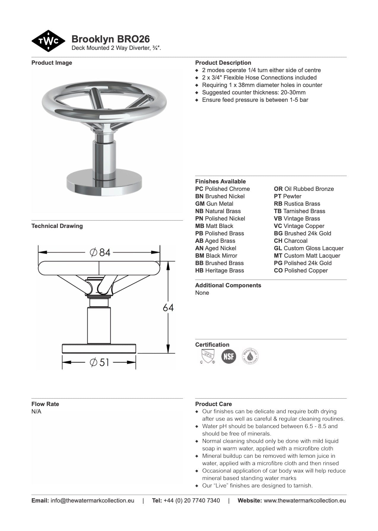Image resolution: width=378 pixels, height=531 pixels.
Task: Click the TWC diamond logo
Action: tap(48, 41)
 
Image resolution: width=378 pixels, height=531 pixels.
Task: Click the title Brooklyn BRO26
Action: tap(111, 39)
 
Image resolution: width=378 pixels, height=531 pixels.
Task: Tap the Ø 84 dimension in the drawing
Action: tap(100, 252)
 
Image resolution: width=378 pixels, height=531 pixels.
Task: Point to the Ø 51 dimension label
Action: tap(99, 362)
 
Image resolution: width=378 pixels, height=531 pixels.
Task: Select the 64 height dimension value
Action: tap(168, 307)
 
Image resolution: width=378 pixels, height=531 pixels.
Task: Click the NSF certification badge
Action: tap(229, 356)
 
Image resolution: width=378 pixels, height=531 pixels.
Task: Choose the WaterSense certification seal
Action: tap(250, 356)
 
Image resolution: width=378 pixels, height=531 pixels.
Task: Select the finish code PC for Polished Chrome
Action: tap(199, 189)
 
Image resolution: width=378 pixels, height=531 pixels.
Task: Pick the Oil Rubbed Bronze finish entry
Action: tap(304, 189)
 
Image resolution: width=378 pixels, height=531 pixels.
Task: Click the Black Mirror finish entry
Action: tap(216, 256)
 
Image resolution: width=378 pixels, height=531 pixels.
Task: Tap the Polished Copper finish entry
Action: tap(301, 270)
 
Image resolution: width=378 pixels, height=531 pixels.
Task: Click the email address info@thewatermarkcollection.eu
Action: tap(92, 500)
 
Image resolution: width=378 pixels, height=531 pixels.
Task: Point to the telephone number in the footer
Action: tap(192, 500)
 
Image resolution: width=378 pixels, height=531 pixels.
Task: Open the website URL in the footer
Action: tap(304, 500)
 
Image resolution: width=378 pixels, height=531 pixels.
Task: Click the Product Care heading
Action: tap(213, 404)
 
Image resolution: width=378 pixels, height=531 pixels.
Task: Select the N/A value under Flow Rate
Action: tap(36, 411)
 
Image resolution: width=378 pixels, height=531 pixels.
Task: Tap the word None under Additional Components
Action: tap(202, 293)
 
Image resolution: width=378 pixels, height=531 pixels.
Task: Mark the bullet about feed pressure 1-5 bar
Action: tap(255, 100)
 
